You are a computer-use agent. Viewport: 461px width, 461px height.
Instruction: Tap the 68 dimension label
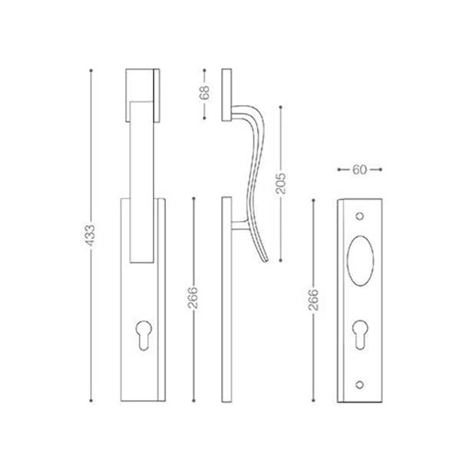pyautogui.click(x=204, y=92)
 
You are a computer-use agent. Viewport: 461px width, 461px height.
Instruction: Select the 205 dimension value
pyautogui.click(x=280, y=184)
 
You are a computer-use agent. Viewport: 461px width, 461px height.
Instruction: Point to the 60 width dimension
pyautogui.click(x=360, y=170)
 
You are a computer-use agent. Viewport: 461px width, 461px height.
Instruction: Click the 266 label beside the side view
pyautogui.click(x=193, y=297)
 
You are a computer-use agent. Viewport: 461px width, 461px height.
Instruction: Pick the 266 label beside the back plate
pyautogui.click(x=313, y=300)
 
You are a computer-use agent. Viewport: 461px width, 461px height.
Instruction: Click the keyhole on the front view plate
pyautogui.click(x=144, y=335)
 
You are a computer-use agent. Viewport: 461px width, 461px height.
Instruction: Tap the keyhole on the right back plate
pyautogui.click(x=360, y=334)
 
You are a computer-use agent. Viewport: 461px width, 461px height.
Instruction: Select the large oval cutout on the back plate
pyautogui.click(x=360, y=260)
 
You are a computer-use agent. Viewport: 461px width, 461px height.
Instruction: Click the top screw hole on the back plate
pyautogui.click(x=360, y=217)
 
